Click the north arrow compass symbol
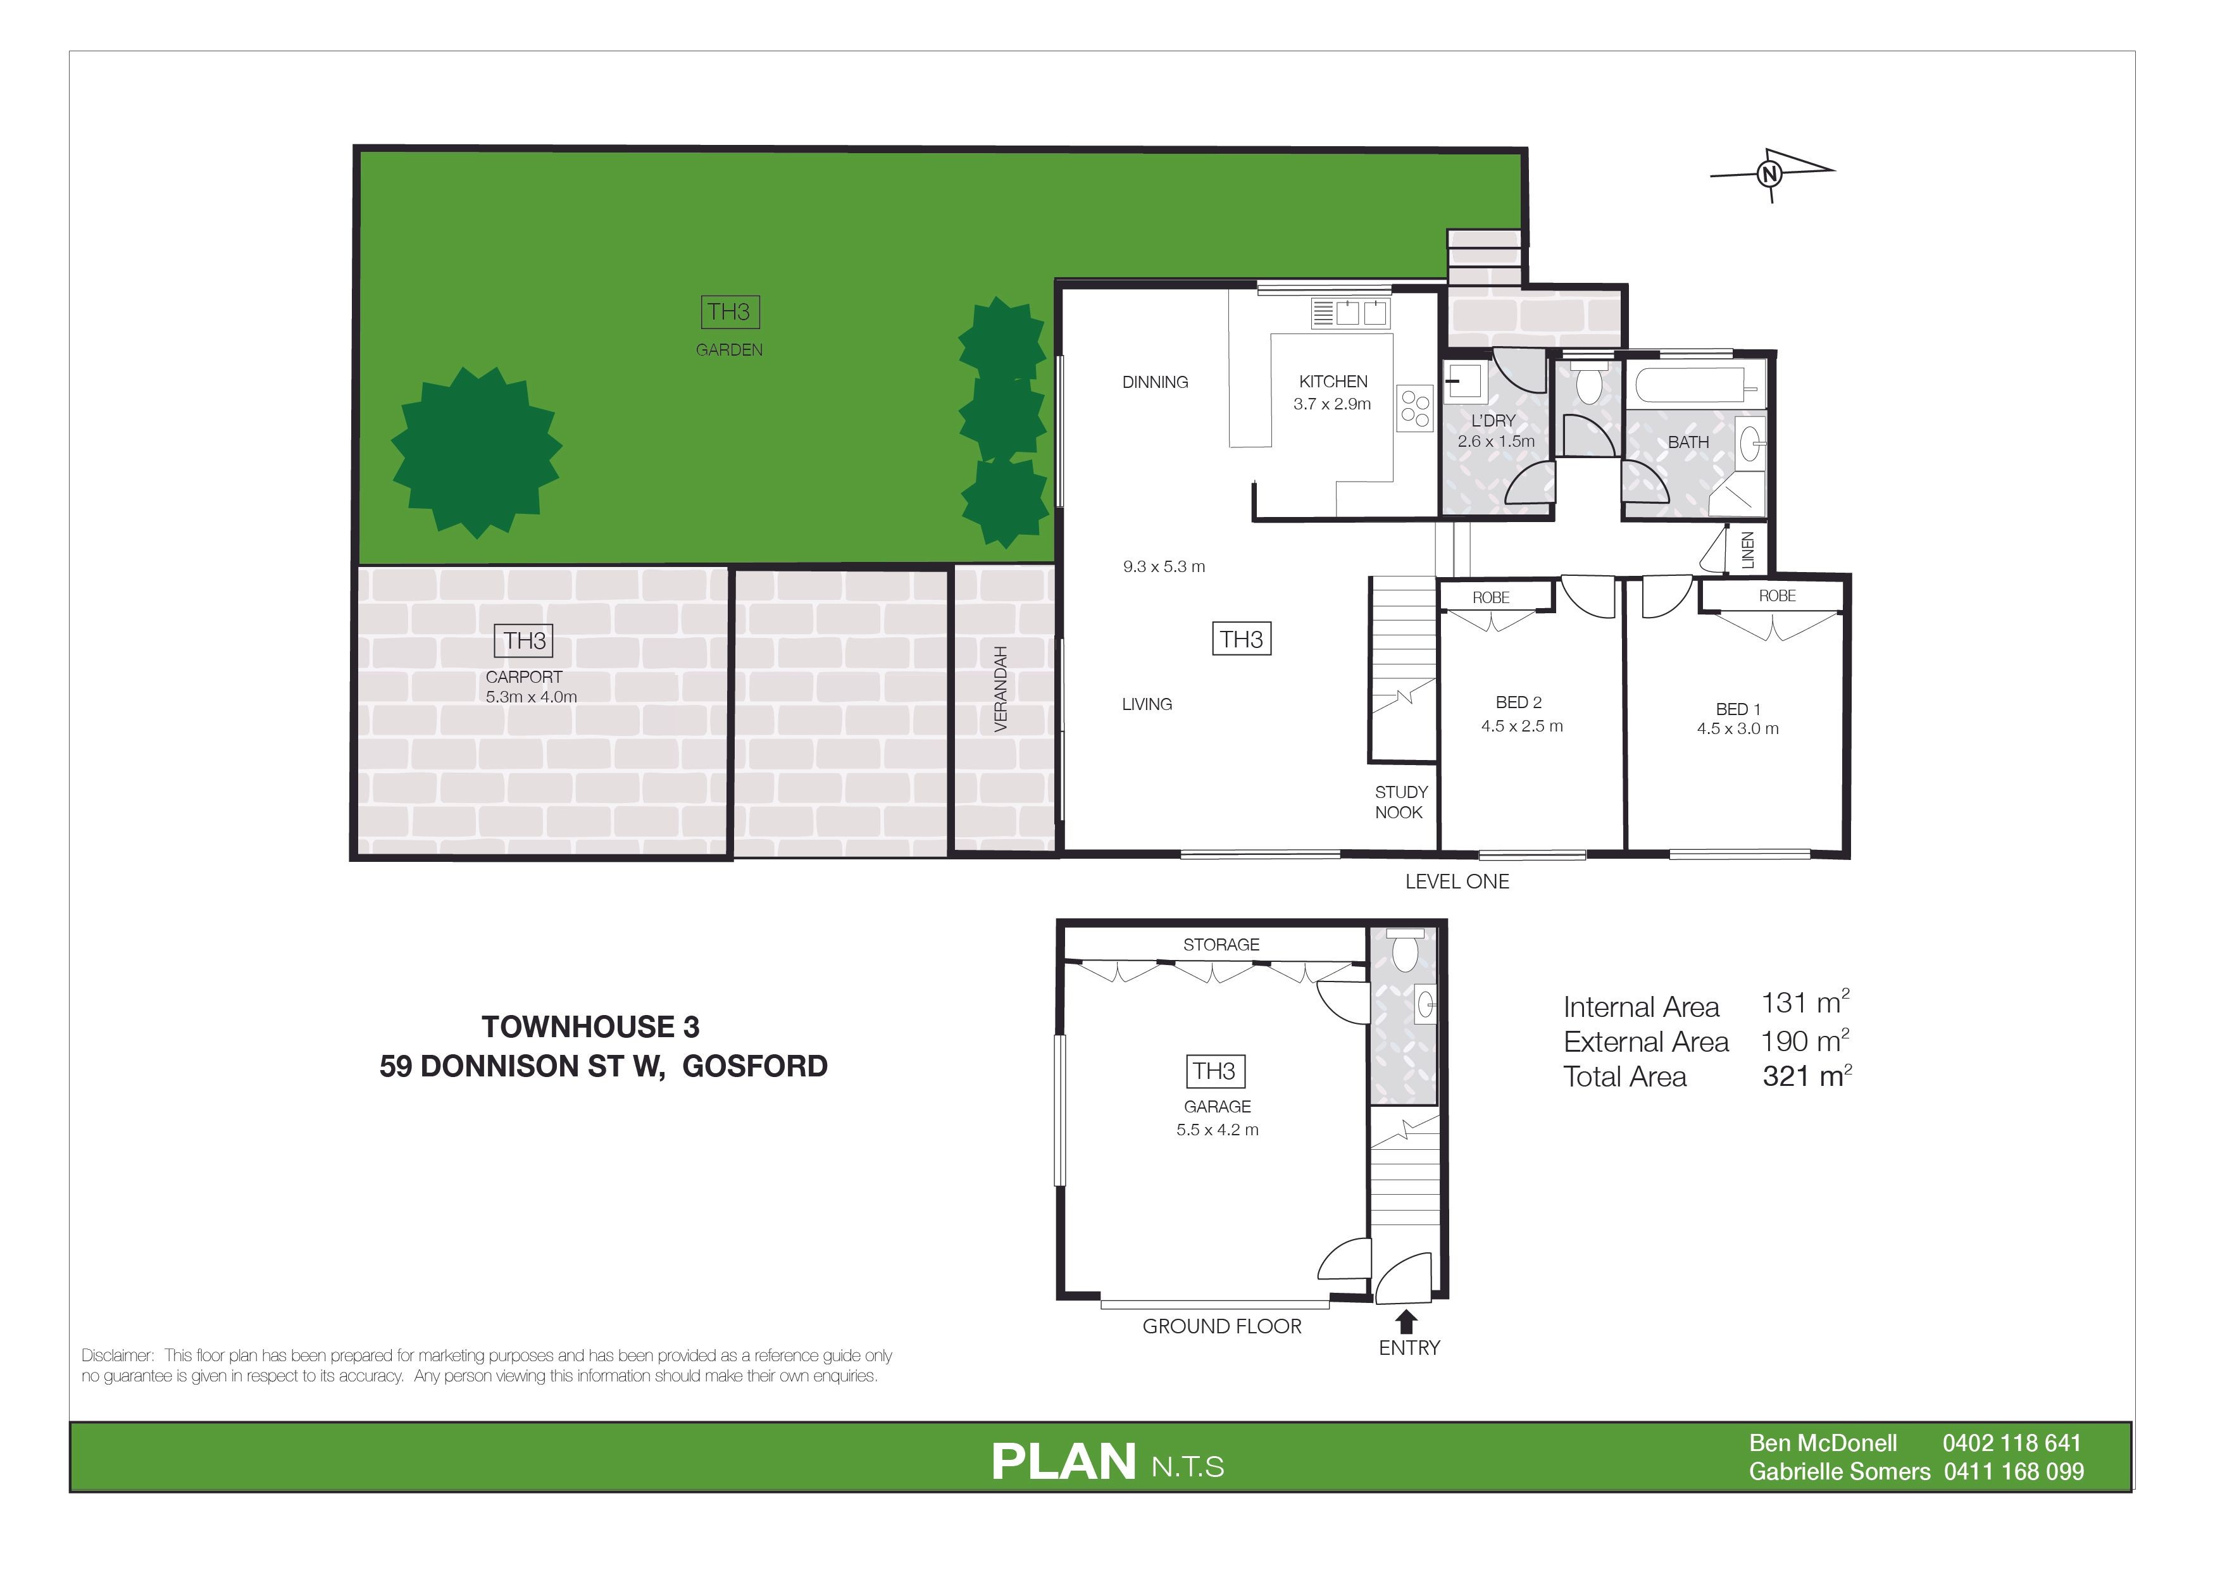(x=1771, y=175)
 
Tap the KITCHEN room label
(x=1333, y=382)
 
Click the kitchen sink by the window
(x=1350, y=312)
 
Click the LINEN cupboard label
(x=1747, y=550)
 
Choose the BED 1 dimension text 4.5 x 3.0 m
(x=1738, y=729)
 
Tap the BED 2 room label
(x=1518, y=703)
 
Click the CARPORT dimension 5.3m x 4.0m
(x=531, y=697)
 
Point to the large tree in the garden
(x=477, y=451)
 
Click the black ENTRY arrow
(x=1407, y=1321)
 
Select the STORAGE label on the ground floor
(x=1221, y=945)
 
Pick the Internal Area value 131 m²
(x=1805, y=1002)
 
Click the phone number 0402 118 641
(x=2011, y=1443)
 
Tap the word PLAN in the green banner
(x=1064, y=1462)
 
